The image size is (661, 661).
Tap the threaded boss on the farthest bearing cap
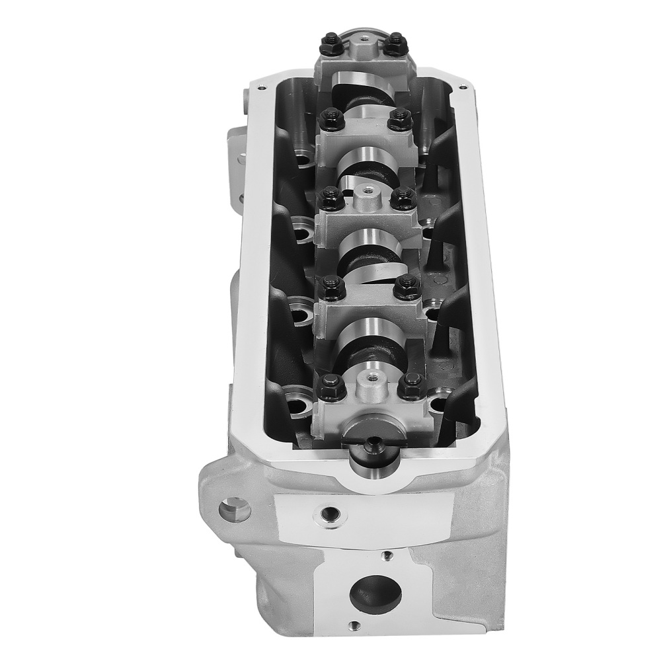pyautogui.click(x=362, y=36)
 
